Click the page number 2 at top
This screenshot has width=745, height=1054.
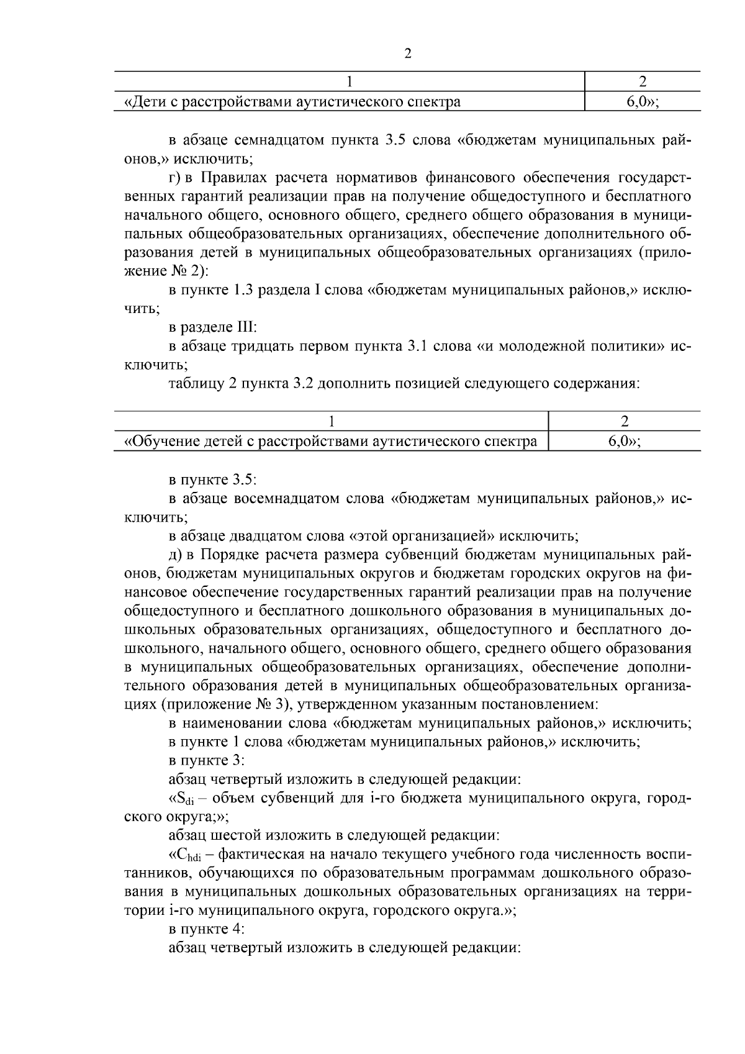[408, 53]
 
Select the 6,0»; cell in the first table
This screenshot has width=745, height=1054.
[642, 102]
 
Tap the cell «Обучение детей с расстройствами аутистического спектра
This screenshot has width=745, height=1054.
[331, 442]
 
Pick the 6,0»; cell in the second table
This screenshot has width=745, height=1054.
[624, 442]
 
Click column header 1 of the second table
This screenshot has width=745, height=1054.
[332, 421]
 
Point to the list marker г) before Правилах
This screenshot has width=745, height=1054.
[175, 179]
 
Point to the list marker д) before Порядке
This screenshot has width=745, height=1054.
[175, 554]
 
